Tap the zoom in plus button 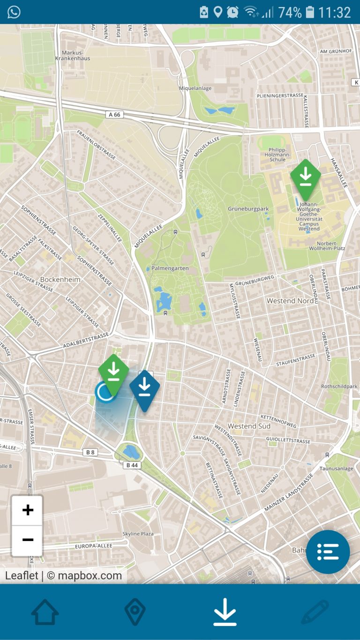coord(28,510)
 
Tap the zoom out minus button coord(28,540)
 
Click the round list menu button coord(328,552)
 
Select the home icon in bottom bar coord(45,611)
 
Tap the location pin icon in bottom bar coord(135,611)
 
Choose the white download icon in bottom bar coord(225,611)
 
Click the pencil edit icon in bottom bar coord(315,611)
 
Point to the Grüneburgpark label coord(248,209)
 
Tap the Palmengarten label coord(170,269)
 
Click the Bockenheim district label coord(60,279)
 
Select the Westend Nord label coord(290,301)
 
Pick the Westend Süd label coord(249,426)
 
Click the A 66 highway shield coord(114,114)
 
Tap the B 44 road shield coord(132,465)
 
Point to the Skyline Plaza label coord(138,534)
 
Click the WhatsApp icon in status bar coord(14,12)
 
